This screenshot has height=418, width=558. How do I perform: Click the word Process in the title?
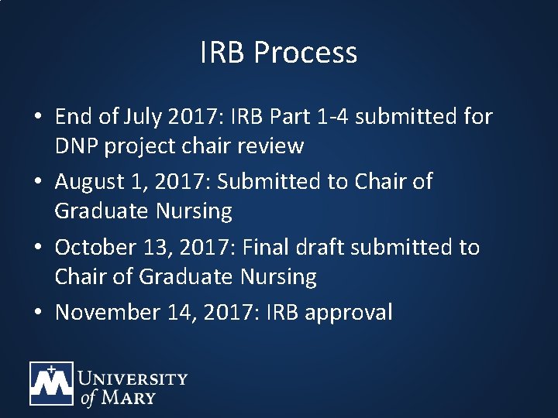[x=305, y=53]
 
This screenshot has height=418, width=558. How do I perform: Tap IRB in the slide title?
[x=224, y=53]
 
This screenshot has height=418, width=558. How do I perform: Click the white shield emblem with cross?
[x=51, y=384]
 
